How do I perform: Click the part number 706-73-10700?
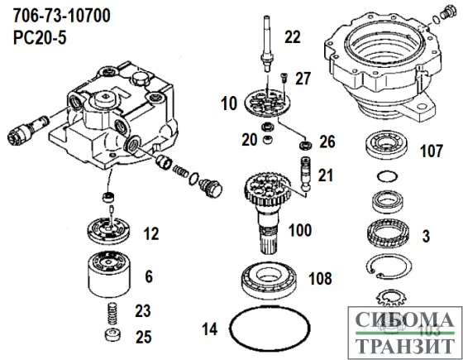point(55,16)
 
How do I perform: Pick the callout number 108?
point(322,279)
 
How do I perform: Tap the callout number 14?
point(211,329)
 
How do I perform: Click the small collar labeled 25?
point(109,337)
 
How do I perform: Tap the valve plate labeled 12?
point(110,228)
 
